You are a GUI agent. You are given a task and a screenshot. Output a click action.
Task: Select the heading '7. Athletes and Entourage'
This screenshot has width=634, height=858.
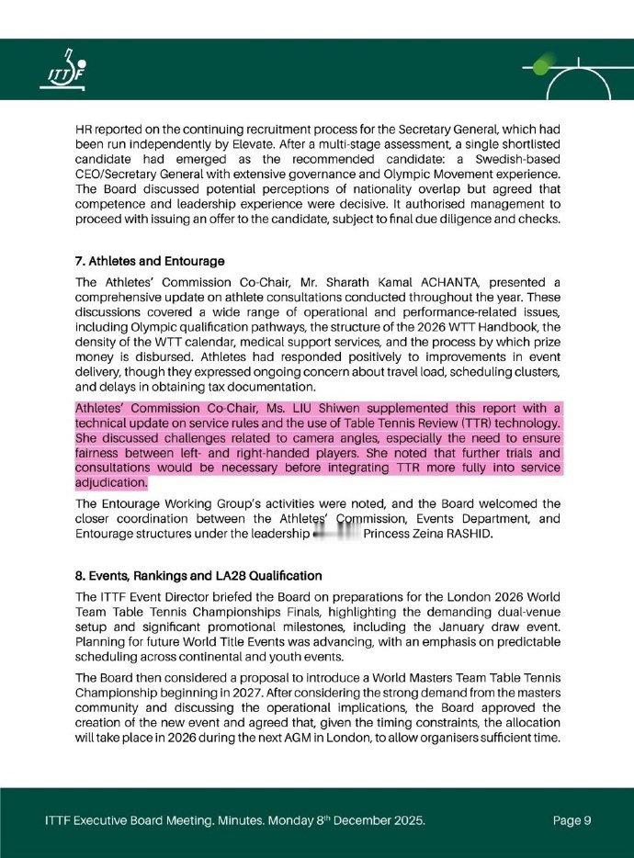coord(150,262)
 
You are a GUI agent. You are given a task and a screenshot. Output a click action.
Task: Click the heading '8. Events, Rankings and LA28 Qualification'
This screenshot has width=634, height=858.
coord(198,576)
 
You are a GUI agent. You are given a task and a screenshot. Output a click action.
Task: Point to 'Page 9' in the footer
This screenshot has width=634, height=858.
coord(572,820)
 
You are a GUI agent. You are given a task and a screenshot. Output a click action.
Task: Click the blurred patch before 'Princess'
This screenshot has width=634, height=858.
coord(335,533)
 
